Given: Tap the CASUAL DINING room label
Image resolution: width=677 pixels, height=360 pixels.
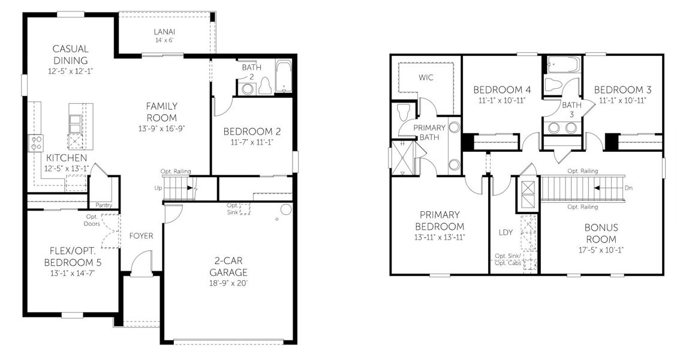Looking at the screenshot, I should tap(70, 55).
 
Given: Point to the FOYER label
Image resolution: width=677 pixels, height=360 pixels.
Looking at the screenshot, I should tap(141, 236).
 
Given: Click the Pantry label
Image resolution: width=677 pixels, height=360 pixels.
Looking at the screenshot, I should tap(104, 205).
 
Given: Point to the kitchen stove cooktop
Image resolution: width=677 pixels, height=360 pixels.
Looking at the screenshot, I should tap(36, 142).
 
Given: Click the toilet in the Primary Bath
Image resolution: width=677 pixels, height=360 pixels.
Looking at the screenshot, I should tap(403, 112).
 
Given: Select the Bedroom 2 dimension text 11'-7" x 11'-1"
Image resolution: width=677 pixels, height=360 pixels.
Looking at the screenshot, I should tap(252, 142).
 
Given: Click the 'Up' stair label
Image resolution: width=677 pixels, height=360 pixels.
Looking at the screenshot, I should tap(158, 188).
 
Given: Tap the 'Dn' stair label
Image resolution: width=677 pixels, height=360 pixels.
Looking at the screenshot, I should tap(628, 188).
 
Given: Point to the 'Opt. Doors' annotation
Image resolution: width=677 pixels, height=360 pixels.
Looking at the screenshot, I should tap(92, 220).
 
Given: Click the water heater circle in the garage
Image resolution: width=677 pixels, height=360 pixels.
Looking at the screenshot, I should tap(285, 210).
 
